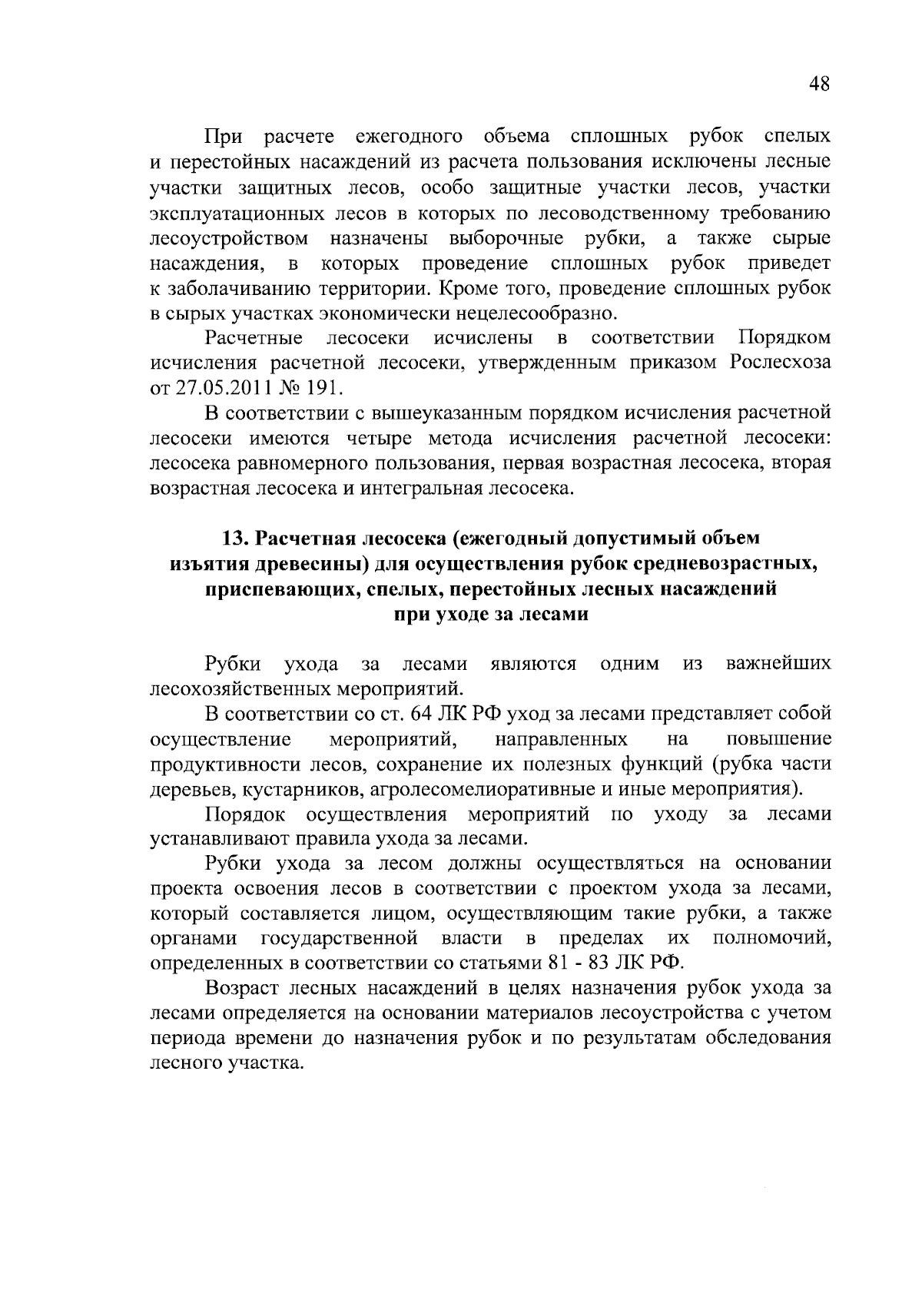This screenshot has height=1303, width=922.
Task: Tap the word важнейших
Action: click(778, 664)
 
